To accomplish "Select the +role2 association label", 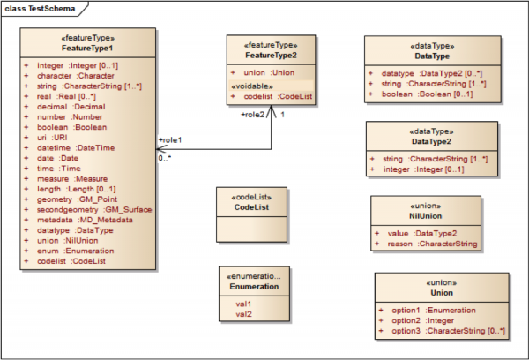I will pyautogui.click(x=254, y=115).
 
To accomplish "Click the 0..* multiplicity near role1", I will pyautogui.click(x=165, y=158).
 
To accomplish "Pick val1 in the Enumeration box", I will pyautogui.click(x=242, y=304).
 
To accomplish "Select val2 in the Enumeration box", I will pyautogui.click(x=242, y=313).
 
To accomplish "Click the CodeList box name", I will pyautogui.click(x=250, y=206).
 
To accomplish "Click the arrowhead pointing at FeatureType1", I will pyautogui.click(x=160, y=149).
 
